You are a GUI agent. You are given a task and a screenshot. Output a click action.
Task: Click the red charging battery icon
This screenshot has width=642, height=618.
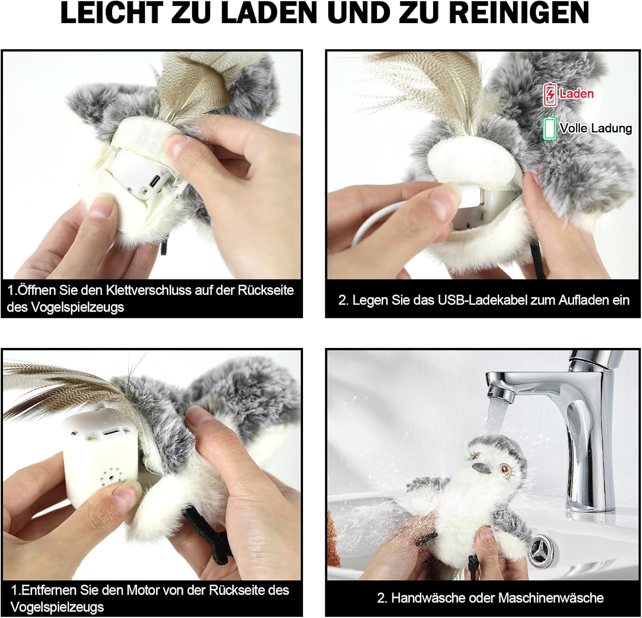[x=550, y=95]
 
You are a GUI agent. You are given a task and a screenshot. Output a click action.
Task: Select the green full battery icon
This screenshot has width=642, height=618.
[x=550, y=128]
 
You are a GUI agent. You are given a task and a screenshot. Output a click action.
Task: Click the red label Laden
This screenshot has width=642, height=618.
[x=577, y=94]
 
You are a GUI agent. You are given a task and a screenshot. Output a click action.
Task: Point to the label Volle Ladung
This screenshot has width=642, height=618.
[x=596, y=128]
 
